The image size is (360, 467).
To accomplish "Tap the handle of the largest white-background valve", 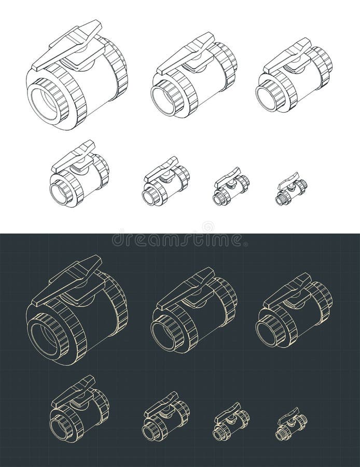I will [x=67, y=46].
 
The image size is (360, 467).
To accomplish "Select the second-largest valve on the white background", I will [x=193, y=78].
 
